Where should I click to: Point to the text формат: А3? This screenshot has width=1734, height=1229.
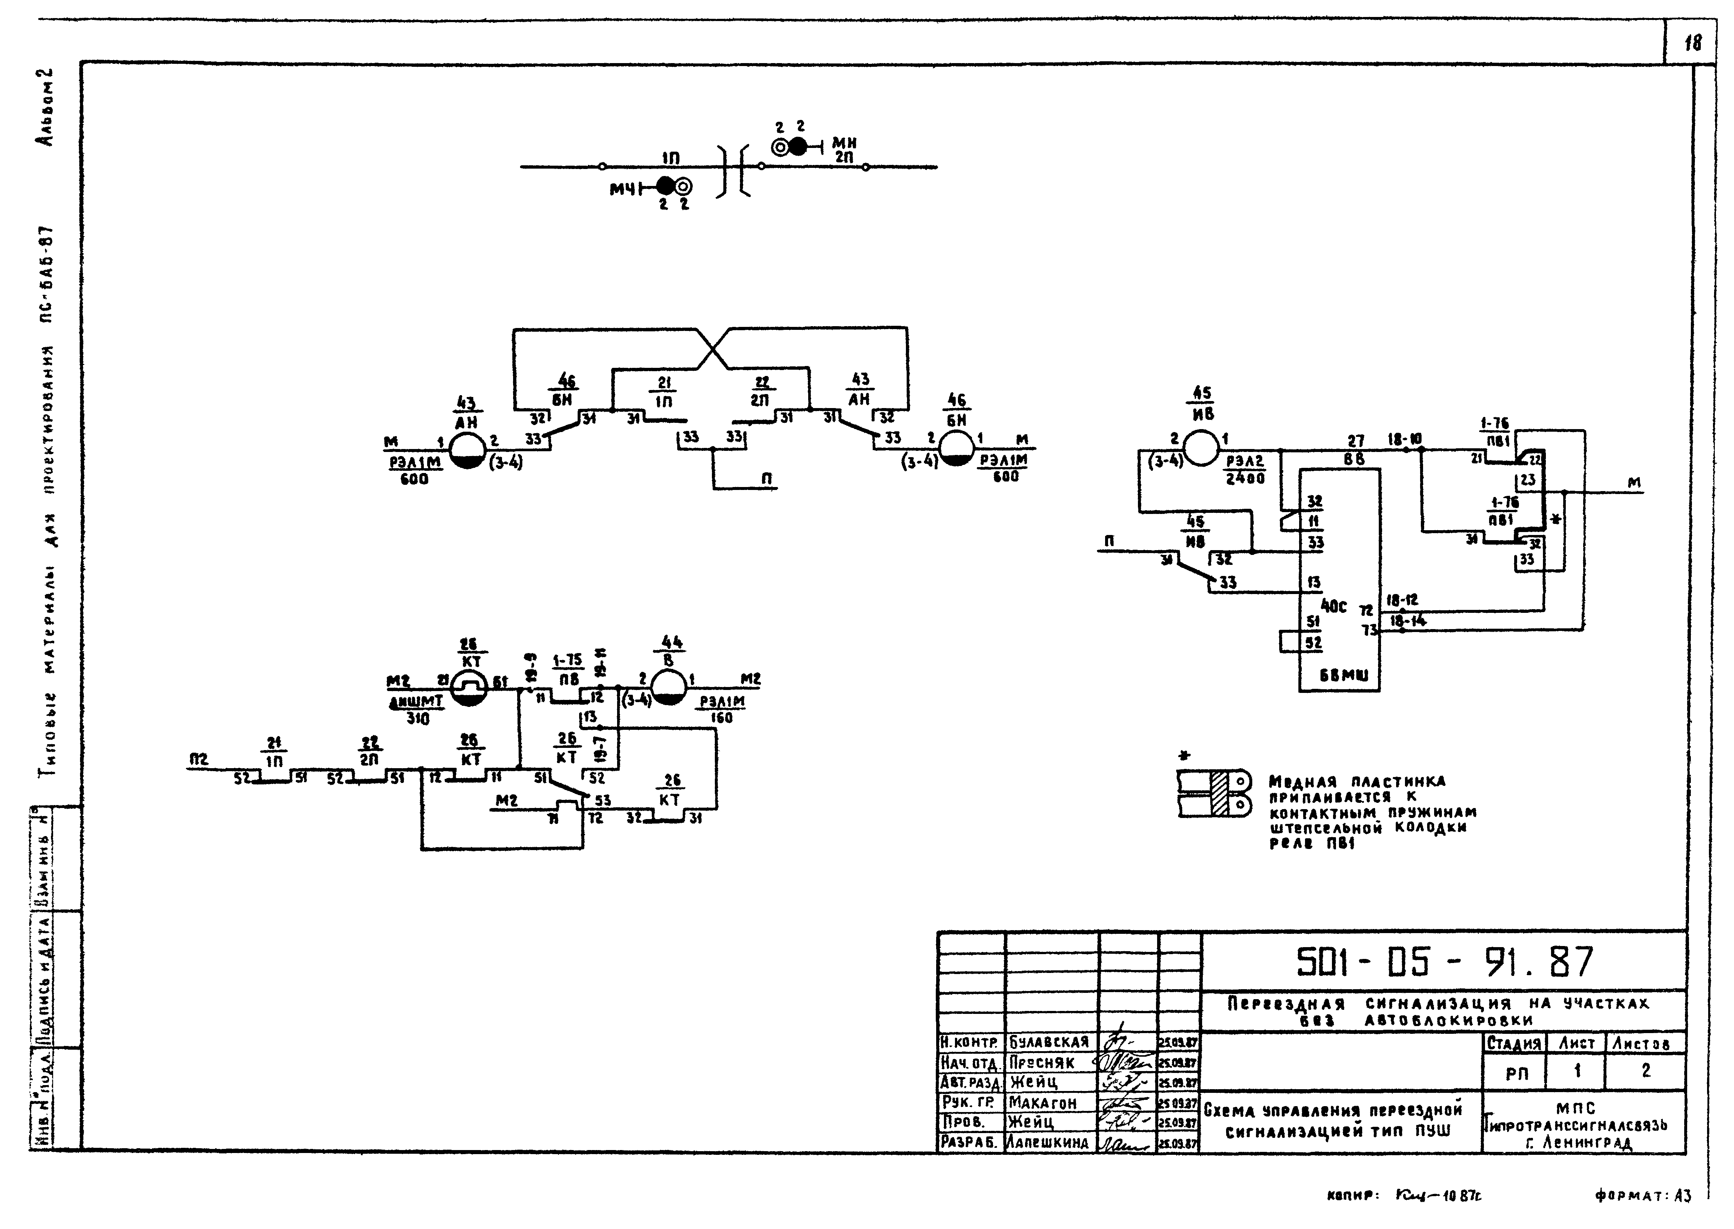pyautogui.click(x=1642, y=1196)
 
